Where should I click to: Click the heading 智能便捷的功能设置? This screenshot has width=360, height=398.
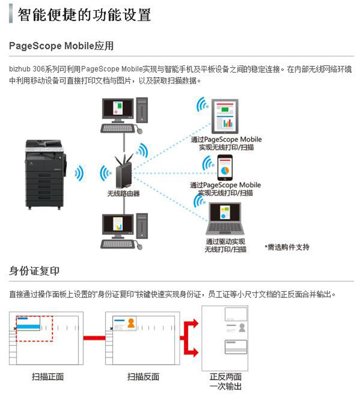coord(84,14)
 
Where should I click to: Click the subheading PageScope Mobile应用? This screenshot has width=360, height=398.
coord(61,47)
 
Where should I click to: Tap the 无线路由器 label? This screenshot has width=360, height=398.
coord(123,194)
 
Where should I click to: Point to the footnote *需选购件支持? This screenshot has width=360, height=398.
coord(287,247)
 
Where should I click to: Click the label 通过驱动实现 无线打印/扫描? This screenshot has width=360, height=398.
coord(226,245)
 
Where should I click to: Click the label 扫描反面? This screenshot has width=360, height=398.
coord(143,376)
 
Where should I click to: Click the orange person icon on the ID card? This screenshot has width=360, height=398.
coord(130,323)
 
